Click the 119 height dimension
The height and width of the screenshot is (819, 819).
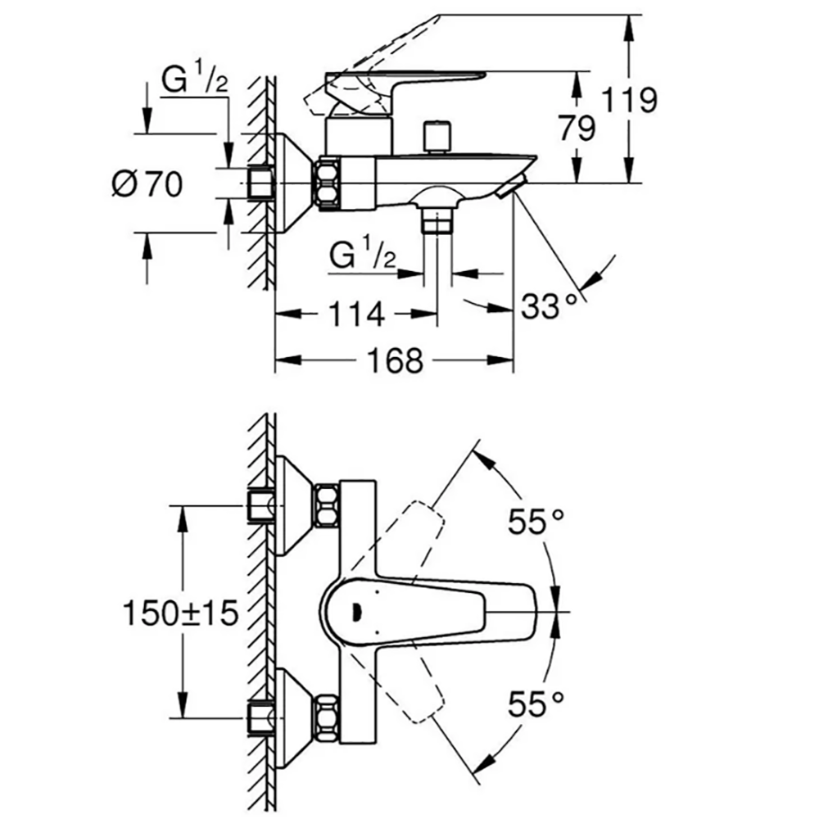tap(629, 100)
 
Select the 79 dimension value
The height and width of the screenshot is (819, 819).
tap(577, 128)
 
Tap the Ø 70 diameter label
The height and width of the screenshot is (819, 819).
tap(147, 183)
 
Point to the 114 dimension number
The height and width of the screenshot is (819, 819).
tap(357, 314)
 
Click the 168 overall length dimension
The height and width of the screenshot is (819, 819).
tap(395, 360)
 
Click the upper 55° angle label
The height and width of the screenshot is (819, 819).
tap(536, 521)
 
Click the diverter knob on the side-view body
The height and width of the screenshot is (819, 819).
tap(437, 137)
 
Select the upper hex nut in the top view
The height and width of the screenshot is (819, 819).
tap(327, 505)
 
